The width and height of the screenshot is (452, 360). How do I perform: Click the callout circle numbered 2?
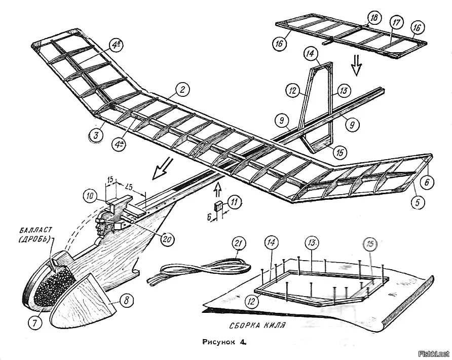[182, 91]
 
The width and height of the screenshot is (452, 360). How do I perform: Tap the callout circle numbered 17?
[396, 23]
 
